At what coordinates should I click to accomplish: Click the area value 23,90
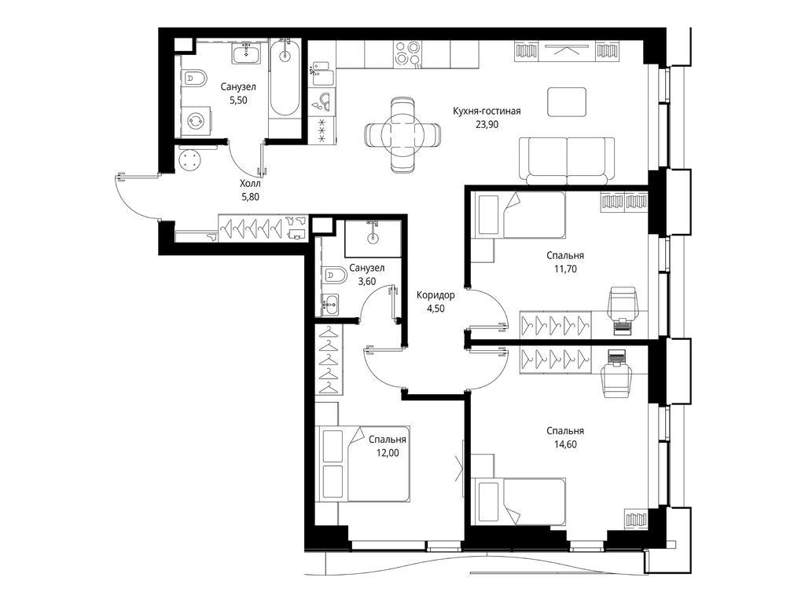[487, 125]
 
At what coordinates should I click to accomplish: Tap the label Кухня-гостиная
[487, 111]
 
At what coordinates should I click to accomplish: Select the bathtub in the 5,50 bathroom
[285, 78]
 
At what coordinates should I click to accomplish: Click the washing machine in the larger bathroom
[196, 121]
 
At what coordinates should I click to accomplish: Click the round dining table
[402, 135]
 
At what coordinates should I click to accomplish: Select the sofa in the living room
[567, 160]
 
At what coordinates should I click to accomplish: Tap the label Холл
[251, 184]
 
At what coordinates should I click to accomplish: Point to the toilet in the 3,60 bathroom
[333, 277]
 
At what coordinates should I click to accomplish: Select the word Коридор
[436, 295]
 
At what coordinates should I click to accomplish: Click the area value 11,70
[565, 269]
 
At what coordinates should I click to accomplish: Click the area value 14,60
[565, 444]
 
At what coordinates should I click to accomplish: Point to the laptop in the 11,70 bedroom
[621, 326]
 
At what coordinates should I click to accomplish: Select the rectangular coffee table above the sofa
[567, 101]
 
